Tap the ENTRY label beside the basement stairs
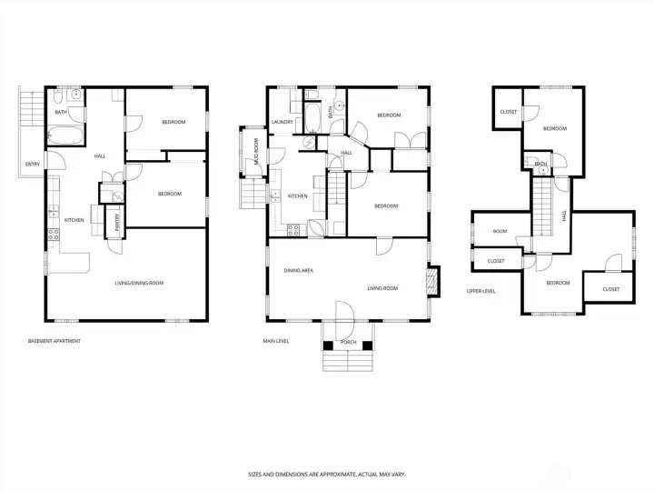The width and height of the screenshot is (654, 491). tap(33, 165)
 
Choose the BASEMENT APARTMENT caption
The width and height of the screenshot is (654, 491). tap(54, 341)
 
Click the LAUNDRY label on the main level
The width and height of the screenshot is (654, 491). tap(280, 121)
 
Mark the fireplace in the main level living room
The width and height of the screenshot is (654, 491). tap(432, 280)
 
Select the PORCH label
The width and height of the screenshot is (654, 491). tap(348, 343)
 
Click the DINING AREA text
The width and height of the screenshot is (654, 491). tap(299, 271)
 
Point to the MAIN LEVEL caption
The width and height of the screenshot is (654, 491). tap(276, 342)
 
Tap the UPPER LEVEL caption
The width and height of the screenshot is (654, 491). tap(481, 292)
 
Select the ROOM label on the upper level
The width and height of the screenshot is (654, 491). tap(500, 232)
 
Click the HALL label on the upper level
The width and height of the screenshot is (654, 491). tap(564, 215)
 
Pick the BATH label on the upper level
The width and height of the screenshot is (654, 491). tap(541, 165)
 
